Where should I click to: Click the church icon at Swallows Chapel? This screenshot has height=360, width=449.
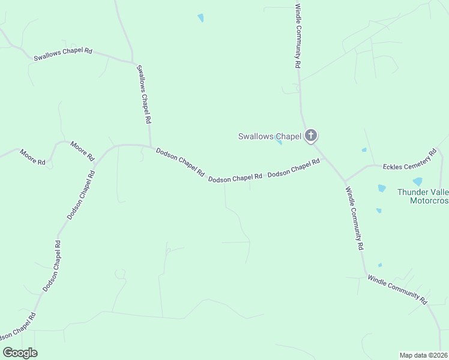[x=310, y=136]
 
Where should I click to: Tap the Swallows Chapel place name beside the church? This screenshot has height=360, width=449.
[x=269, y=136]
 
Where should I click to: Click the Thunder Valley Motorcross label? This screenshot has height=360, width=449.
[x=423, y=196]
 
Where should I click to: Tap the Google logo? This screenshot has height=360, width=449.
[x=20, y=353]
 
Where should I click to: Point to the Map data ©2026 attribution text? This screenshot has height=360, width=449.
[x=423, y=355]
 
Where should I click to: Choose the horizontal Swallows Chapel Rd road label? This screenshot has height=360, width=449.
[x=62, y=55]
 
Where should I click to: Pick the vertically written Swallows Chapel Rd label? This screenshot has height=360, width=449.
[x=143, y=94]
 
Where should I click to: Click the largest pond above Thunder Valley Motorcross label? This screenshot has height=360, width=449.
[x=417, y=181]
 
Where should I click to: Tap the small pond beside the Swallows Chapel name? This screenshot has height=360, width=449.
[x=279, y=142]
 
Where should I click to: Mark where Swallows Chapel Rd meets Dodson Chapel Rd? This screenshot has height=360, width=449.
[x=150, y=145]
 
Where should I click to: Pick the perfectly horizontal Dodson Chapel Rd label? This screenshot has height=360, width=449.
[x=235, y=178]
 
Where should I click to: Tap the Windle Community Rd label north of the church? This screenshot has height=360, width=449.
[x=297, y=36]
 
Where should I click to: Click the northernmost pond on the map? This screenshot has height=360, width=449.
[x=200, y=17]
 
